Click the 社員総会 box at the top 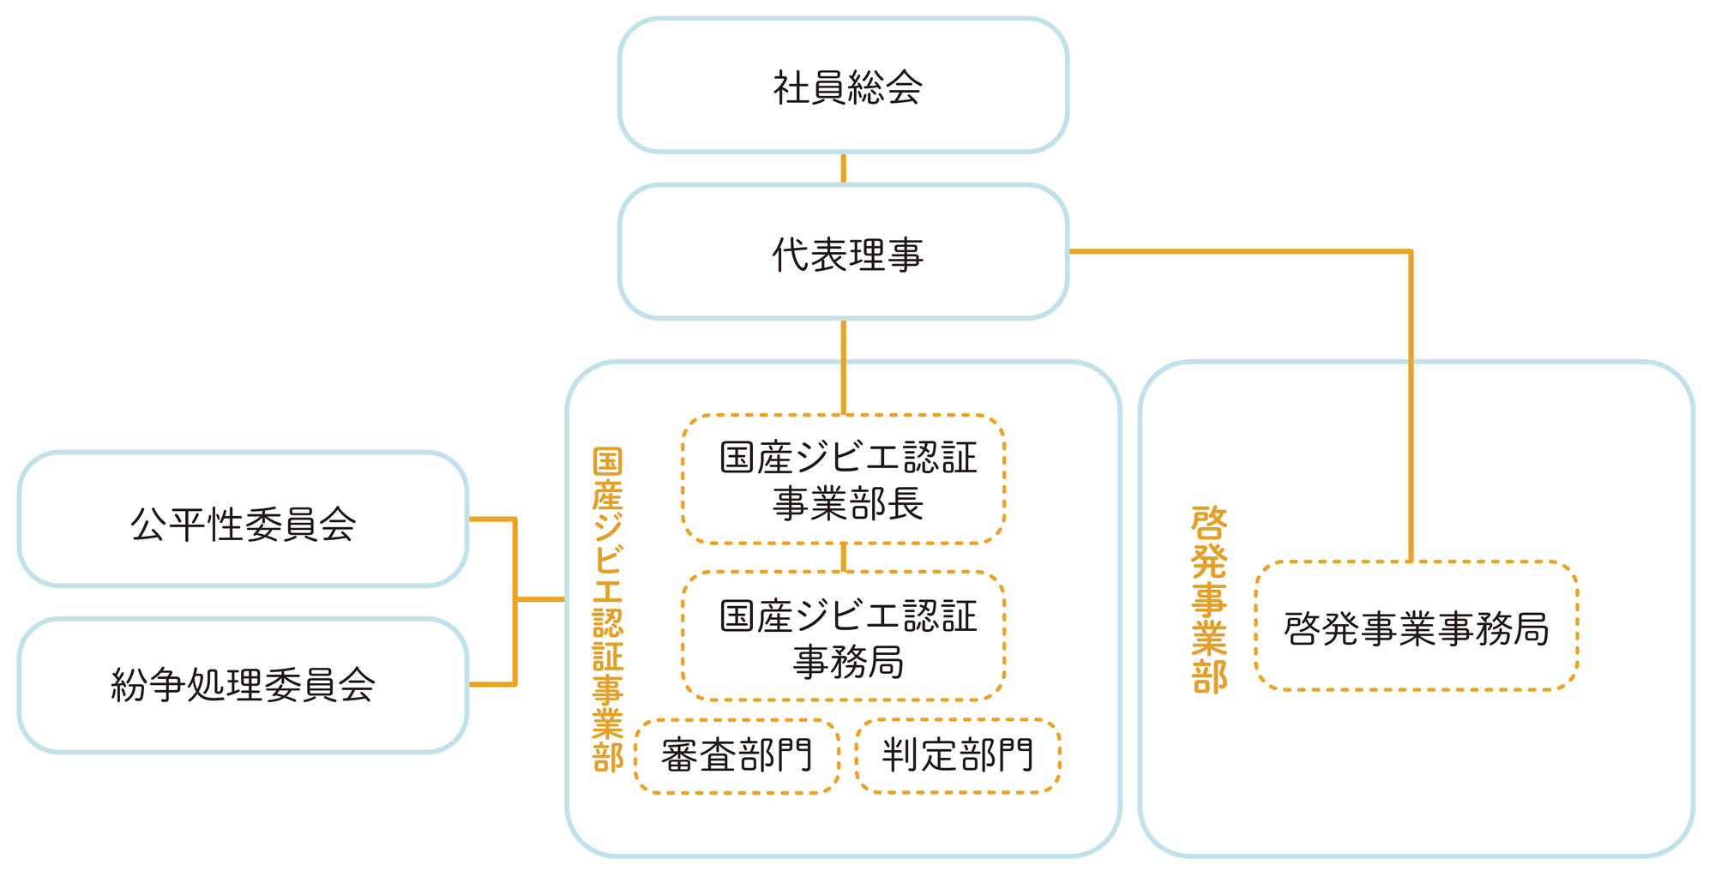[843, 86]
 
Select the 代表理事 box [843, 253]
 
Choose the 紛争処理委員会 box [243, 686]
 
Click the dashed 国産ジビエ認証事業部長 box [843, 480]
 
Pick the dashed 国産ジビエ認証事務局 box [843, 637]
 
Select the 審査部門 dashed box [737, 756]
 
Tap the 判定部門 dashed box [958, 756]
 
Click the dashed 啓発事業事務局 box [1416, 627]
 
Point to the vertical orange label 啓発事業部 [1209, 599]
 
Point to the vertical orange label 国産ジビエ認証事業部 [607, 610]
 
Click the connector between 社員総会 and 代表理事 [843, 168]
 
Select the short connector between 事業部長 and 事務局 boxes [843, 557]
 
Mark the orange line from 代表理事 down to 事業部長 [843, 367]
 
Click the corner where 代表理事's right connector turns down [1410, 252]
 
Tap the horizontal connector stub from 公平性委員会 [491, 520]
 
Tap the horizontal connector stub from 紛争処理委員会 [491, 684]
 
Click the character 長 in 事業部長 [905, 503]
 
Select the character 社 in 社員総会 [791, 87]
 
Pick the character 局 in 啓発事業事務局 [1531, 628]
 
